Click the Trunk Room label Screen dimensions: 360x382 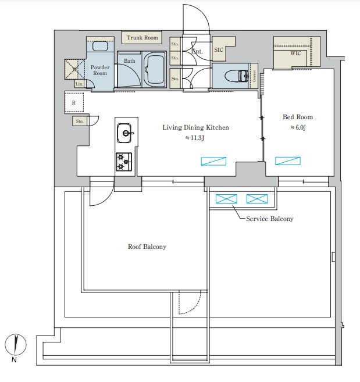click(142, 38)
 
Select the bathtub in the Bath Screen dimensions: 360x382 click(154, 70)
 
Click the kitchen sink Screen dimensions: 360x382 click(124, 133)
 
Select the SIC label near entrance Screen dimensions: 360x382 click(219, 51)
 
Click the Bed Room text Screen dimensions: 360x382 click(297, 117)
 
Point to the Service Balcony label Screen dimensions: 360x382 click(269, 219)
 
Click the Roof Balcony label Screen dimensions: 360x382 click(147, 247)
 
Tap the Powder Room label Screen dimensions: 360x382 click(100, 70)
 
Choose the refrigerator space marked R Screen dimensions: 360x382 click(73, 103)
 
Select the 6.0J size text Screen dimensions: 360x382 click(297, 128)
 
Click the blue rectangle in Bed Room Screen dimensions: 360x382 click(288, 161)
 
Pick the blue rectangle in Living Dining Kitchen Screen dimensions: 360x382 click(213, 161)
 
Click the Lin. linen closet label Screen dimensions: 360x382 click(79, 84)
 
